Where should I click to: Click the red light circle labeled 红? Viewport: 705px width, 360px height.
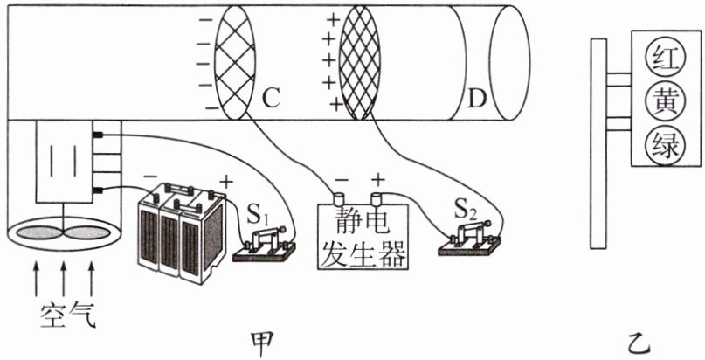pyautogui.click(x=660, y=59)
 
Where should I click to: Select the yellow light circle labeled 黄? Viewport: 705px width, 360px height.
pyautogui.click(x=660, y=101)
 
